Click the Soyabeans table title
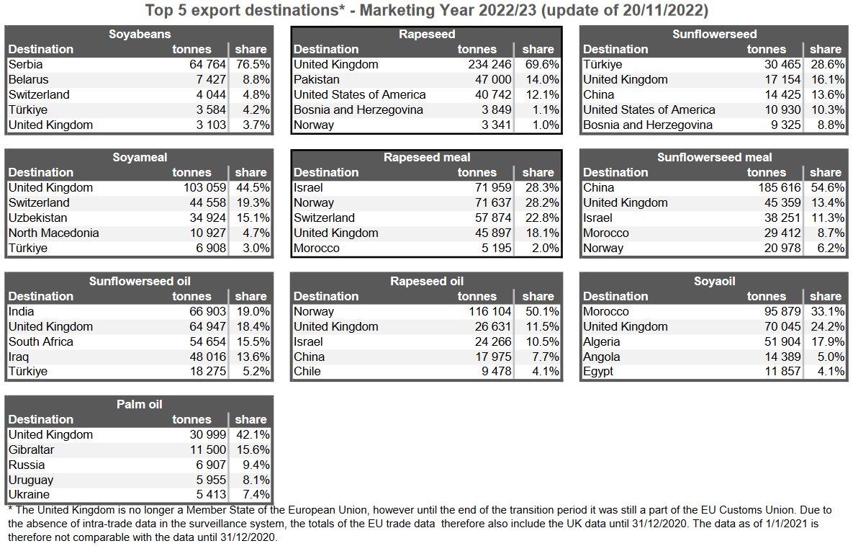point(140,34)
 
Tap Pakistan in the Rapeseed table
point(318,79)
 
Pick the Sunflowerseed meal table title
point(714,157)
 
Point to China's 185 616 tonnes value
point(773,187)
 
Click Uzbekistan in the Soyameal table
point(38,218)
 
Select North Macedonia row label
point(54,233)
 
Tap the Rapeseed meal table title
point(427,157)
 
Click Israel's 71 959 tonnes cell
point(487,187)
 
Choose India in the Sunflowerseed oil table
point(22,311)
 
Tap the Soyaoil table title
point(714,281)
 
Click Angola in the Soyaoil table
point(602,357)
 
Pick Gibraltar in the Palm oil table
point(32,449)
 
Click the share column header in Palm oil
point(251,419)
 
